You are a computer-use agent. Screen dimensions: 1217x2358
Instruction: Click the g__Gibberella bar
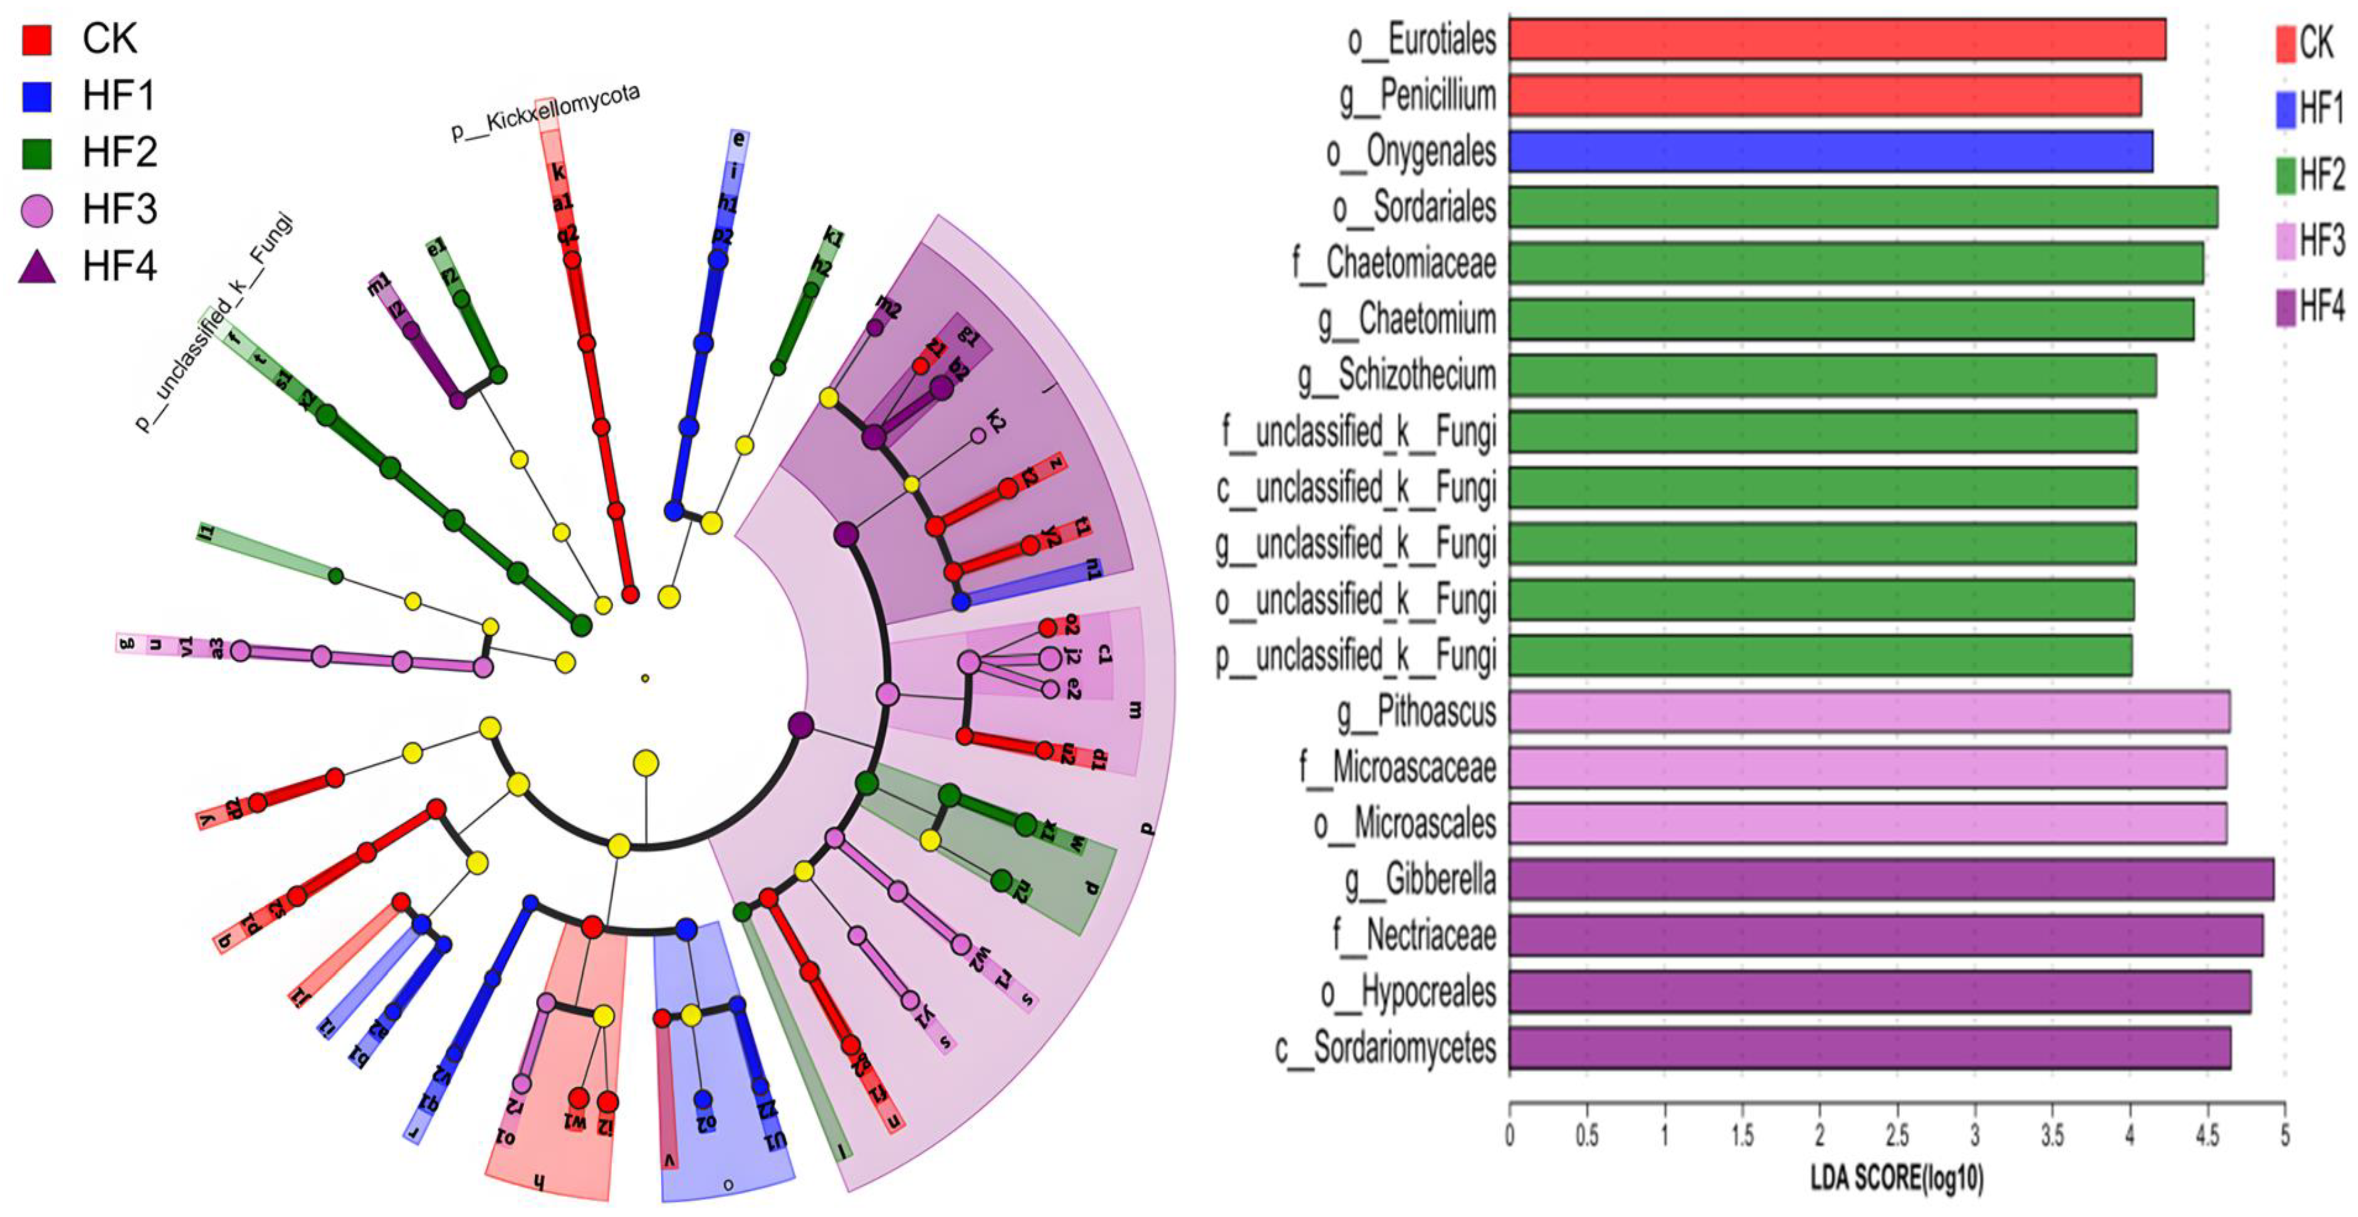pos(1890,879)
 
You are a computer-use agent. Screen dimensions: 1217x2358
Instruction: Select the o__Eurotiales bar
pos(1836,39)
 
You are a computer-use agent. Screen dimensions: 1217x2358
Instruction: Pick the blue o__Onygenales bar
pos(1830,151)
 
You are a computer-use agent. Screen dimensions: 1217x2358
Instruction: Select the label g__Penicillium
pos(1417,95)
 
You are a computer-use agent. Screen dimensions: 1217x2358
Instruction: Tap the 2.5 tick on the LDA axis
pos(1898,1135)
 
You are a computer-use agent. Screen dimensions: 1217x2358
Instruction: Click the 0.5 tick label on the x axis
pos(1586,1135)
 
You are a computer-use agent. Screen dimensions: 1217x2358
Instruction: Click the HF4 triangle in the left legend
pos(38,266)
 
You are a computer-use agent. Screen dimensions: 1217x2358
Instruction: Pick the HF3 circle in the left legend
pos(38,210)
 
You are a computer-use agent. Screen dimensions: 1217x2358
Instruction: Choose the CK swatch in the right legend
pos(2286,43)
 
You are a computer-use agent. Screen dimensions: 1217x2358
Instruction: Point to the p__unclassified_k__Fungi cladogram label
pos(215,322)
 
